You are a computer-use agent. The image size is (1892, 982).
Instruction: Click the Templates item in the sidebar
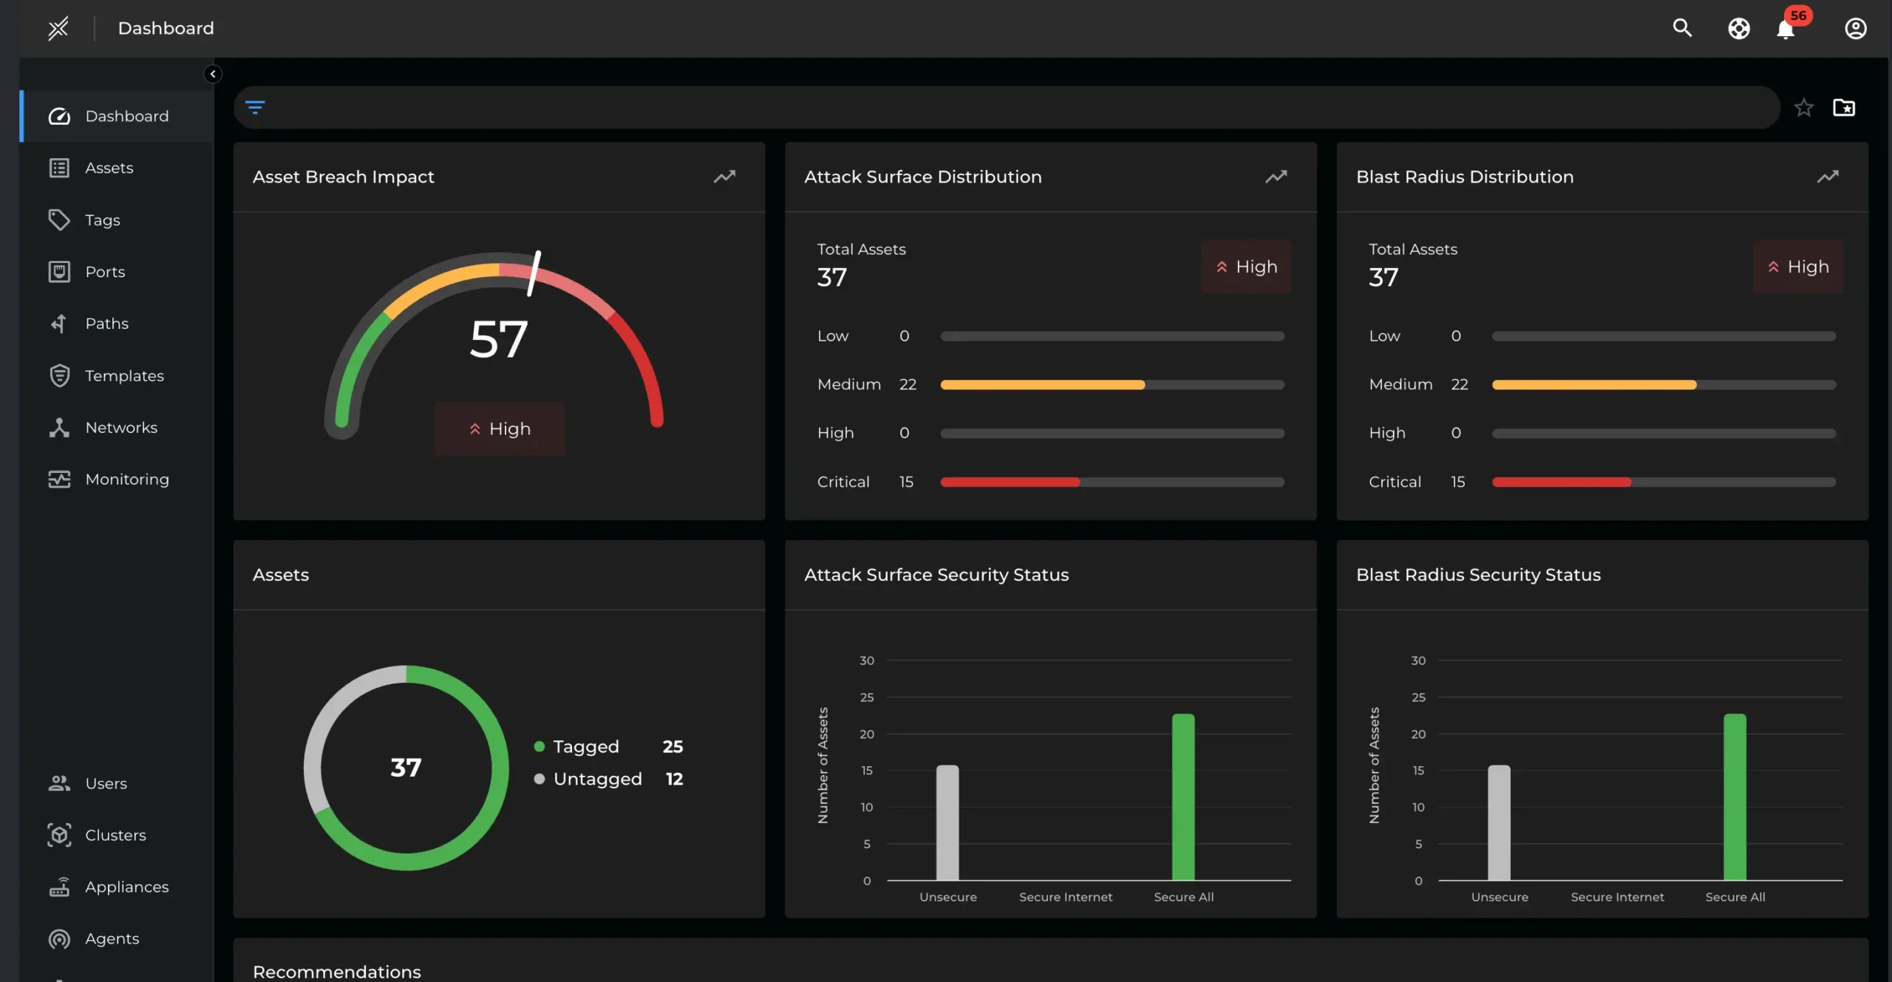pyautogui.click(x=123, y=375)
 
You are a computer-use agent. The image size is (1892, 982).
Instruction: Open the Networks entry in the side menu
pyautogui.click(x=120, y=427)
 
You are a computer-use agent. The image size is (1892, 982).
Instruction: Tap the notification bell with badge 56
pyautogui.click(x=1786, y=29)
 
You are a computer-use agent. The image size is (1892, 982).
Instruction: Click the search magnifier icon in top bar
pyautogui.click(x=1682, y=28)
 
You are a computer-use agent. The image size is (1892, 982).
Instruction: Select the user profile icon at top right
pyautogui.click(x=1855, y=28)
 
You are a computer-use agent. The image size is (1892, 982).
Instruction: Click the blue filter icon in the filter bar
pyautogui.click(x=255, y=107)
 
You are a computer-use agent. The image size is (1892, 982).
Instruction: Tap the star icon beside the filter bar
pyautogui.click(x=1803, y=108)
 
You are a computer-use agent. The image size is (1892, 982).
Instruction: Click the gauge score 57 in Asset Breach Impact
pyautogui.click(x=499, y=339)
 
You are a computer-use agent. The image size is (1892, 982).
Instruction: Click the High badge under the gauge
pyautogui.click(x=500, y=429)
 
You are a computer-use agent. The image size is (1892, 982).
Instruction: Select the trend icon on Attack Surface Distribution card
pyautogui.click(x=1276, y=177)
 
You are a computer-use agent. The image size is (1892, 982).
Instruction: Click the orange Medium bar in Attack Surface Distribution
pyautogui.click(x=1042, y=385)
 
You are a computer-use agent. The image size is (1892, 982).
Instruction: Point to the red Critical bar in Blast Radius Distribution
pyautogui.click(x=1561, y=483)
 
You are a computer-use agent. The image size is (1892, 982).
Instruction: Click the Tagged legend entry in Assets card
pyautogui.click(x=585, y=746)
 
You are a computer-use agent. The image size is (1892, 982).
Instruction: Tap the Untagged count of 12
pyautogui.click(x=674, y=779)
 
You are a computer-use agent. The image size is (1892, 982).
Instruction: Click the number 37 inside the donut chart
pyautogui.click(x=406, y=768)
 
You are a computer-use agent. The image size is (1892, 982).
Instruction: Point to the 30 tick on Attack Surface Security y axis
pyautogui.click(x=866, y=661)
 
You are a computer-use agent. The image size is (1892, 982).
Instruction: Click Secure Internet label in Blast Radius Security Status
pyautogui.click(x=1617, y=897)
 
